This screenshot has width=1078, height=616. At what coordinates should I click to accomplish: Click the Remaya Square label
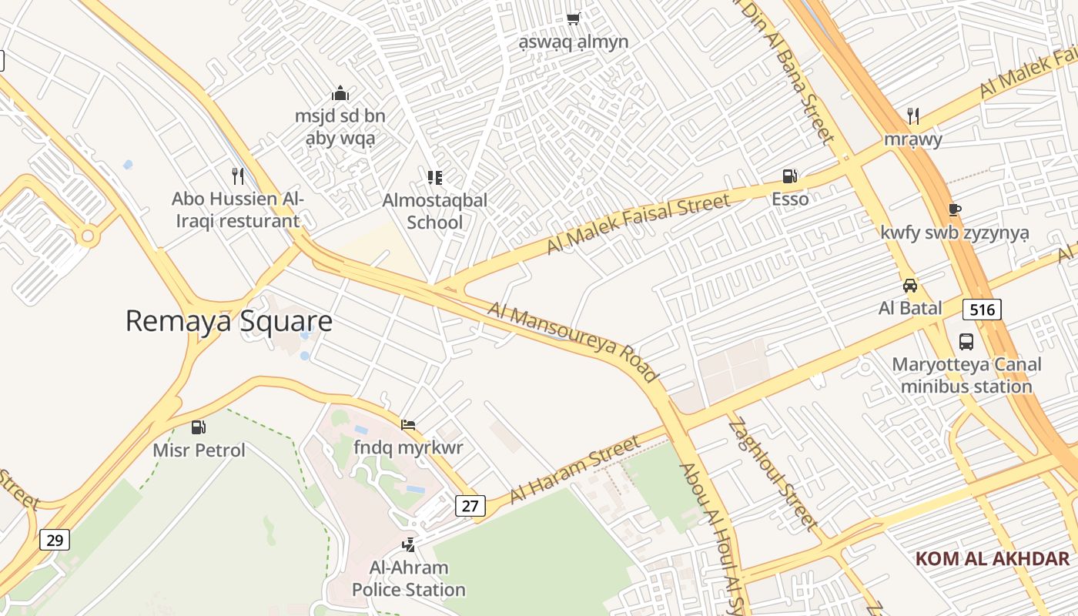coord(229,321)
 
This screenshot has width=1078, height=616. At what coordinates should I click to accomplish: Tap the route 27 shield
coord(470,506)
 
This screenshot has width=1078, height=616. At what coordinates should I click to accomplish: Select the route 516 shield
coord(982,310)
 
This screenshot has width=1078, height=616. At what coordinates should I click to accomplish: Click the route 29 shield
coord(55,540)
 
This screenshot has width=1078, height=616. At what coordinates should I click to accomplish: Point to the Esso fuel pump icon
coord(789,176)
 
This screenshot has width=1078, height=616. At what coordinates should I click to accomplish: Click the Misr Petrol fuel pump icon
coord(199,427)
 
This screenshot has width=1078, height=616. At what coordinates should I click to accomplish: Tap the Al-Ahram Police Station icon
coord(409,545)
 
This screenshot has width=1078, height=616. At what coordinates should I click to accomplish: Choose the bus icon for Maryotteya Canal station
coord(966,341)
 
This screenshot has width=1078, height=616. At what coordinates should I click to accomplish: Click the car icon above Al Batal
coord(910,286)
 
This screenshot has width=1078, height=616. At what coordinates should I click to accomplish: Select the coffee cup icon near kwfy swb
coord(955,209)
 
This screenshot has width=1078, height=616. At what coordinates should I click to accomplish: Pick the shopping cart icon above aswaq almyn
coord(573,18)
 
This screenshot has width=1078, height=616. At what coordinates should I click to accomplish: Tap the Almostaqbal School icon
coord(435,178)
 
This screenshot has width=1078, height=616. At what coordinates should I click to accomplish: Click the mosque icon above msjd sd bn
coord(340,94)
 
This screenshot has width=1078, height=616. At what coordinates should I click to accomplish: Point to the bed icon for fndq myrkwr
coord(408,424)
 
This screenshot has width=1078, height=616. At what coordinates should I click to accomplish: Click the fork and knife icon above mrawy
coord(913,116)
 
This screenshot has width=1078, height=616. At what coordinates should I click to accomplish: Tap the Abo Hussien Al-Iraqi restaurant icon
coord(238,176)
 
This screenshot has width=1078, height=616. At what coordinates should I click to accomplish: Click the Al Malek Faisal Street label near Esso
coord(638,224)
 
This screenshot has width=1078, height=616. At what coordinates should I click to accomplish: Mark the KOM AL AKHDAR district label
coord(993,559)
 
